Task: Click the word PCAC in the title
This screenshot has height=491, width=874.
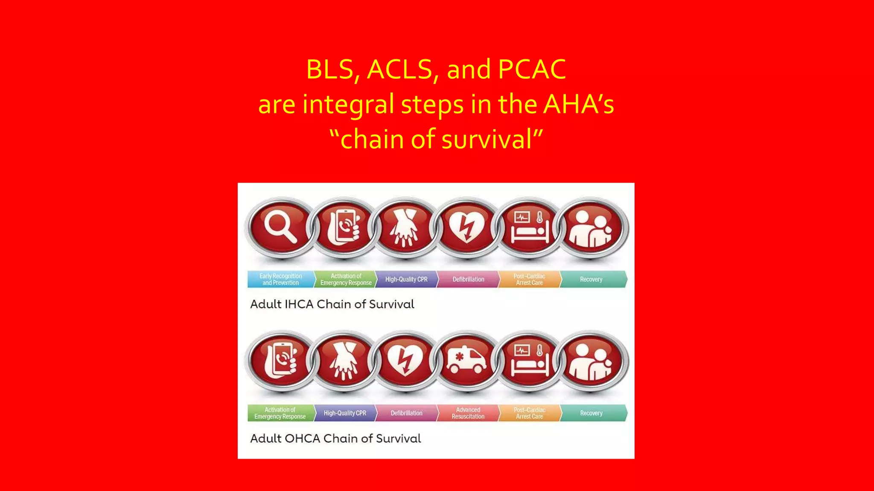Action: point(532,69)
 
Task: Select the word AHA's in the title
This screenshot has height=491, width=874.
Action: point(578,104)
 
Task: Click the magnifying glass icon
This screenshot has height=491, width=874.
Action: point(280,227)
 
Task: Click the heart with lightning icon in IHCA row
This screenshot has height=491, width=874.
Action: point(467,227)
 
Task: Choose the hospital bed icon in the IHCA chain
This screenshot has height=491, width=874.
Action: point(529,227)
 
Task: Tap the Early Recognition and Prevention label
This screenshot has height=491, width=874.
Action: point(280,279)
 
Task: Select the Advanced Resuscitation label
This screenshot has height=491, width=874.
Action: point(468,413)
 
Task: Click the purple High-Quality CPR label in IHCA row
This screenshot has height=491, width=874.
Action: point(406,279)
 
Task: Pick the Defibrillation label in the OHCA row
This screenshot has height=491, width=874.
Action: point(406,413)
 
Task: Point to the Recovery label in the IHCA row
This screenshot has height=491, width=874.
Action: point(591,279)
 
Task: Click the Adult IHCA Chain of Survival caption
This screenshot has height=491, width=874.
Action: point(332,304)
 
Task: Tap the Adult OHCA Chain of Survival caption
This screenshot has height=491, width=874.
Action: point(335,439)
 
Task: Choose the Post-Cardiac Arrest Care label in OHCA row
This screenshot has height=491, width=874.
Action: point(529,413)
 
